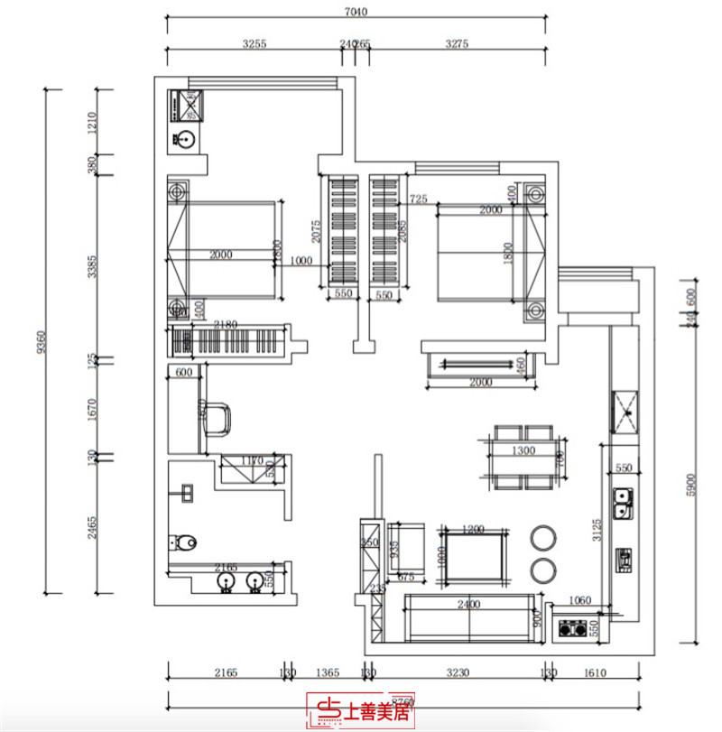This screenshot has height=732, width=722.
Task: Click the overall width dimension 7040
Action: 356,13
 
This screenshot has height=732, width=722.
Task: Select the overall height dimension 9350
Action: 40,341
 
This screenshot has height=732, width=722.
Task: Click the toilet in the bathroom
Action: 183,542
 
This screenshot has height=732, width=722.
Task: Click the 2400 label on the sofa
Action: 468,604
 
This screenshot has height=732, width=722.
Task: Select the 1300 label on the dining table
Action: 523,449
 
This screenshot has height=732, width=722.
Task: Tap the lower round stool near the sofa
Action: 544,570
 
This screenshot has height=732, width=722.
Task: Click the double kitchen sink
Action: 622,504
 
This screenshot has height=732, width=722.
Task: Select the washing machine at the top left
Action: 189,107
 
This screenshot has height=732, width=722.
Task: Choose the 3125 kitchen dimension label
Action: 596,526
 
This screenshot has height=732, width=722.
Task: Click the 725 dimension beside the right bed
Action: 418,198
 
